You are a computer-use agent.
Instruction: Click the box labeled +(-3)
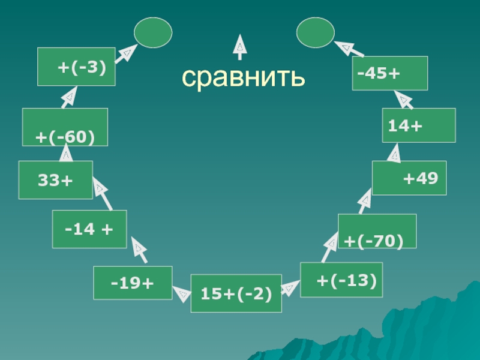[76, 67]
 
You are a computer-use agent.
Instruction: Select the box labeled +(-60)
[65, 127]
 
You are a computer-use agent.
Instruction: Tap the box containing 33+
[55, 179]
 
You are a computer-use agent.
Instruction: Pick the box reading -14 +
[89, 229]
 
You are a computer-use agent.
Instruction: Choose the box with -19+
[133, 282]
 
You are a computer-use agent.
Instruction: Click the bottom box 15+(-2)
[236, 293]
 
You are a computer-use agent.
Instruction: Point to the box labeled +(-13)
[341, 280]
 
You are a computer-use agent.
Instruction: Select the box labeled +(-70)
[377, 231]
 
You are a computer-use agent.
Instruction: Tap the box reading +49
[409, 178]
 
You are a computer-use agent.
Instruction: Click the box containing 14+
[419, 125]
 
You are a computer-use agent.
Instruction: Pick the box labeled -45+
[389, 73]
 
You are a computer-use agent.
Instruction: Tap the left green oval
[153, 32]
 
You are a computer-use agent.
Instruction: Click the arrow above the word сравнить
[239, 47]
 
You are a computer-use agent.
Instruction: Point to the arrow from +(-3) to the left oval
[125, 53]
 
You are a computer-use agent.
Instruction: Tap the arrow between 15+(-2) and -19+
[181, 292]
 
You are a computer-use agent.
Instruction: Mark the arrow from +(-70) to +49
[364, 201]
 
